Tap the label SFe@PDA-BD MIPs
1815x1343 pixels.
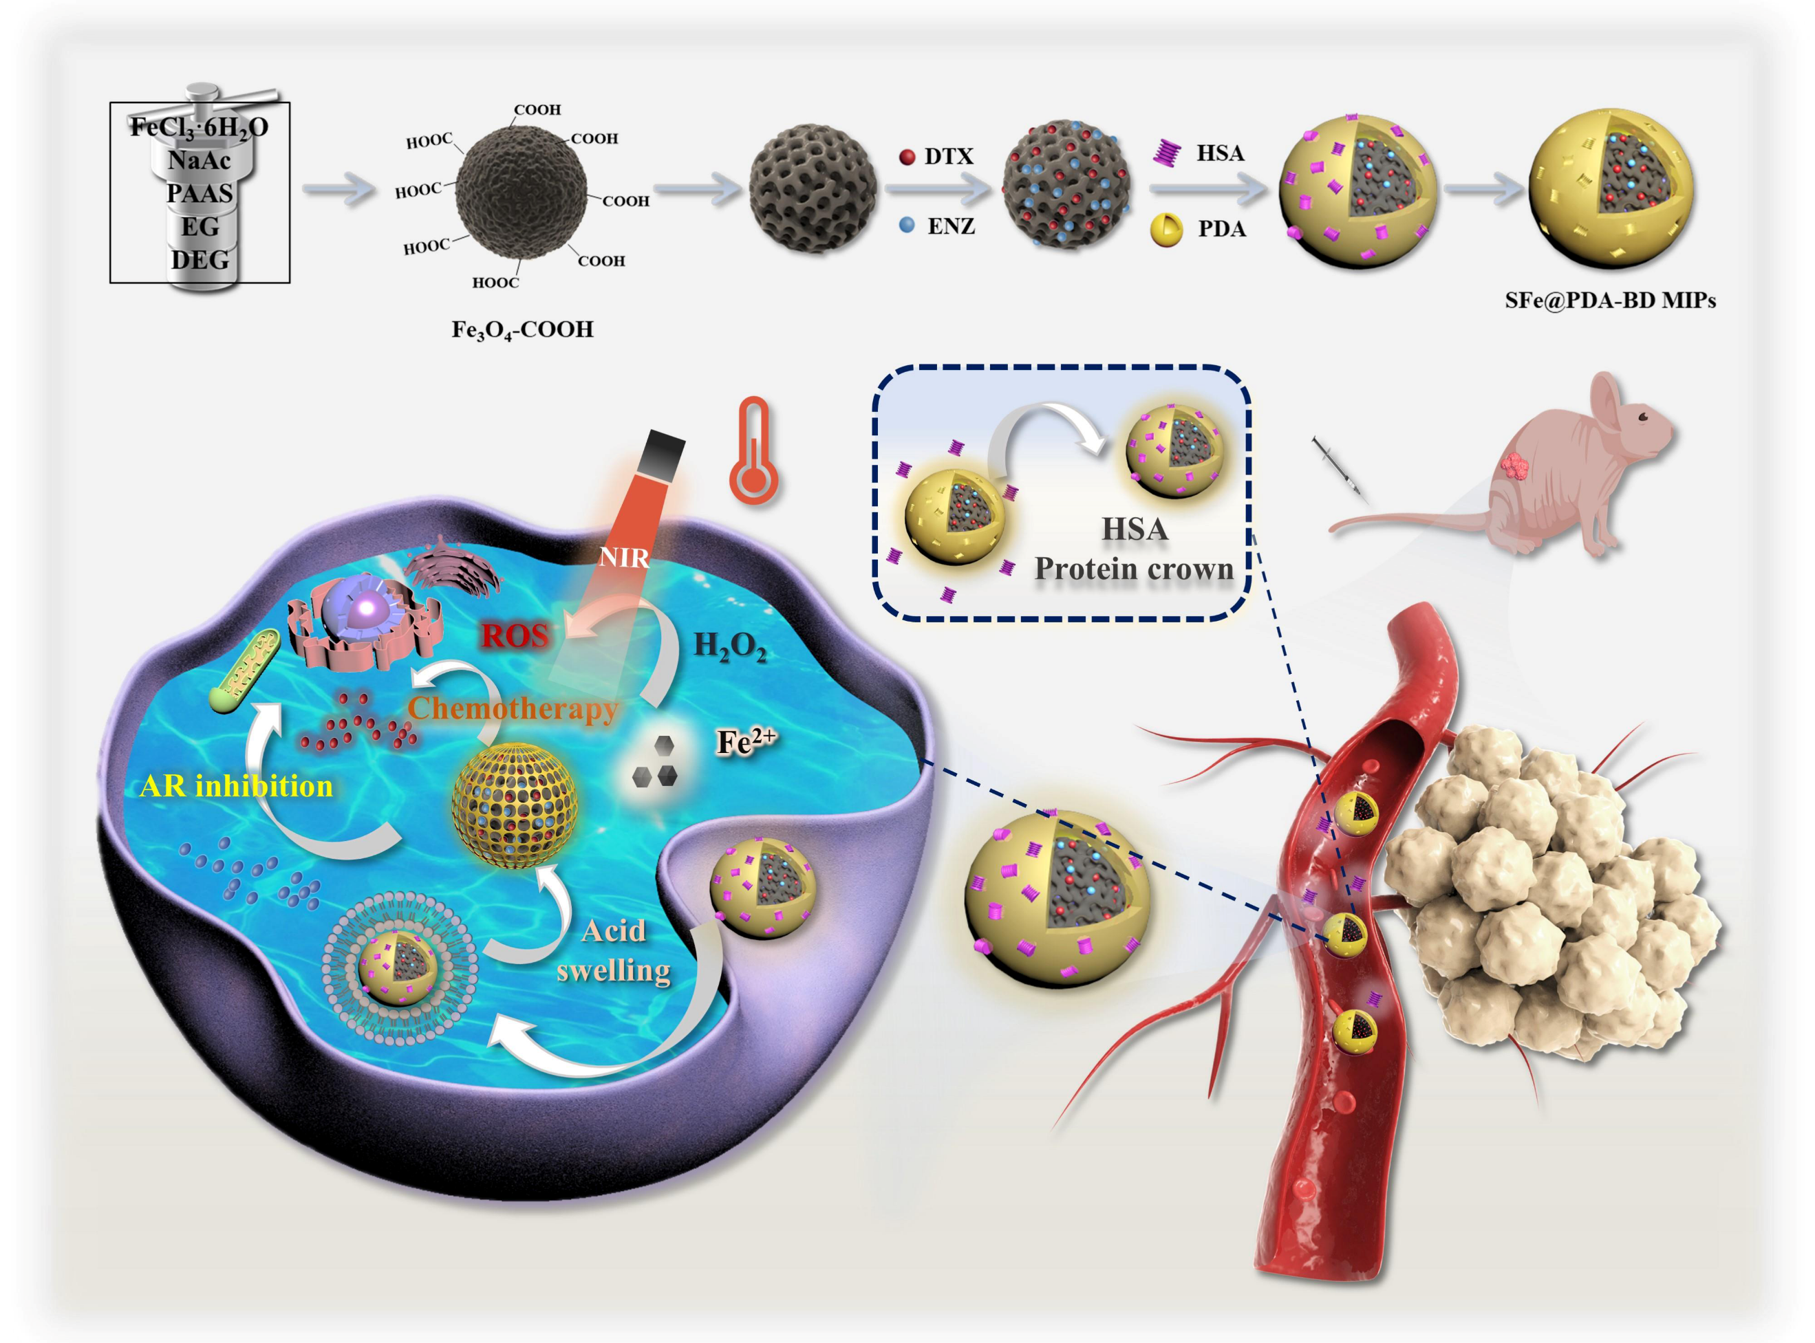click(x=1610, y=301)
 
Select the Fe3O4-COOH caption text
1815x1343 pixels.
click(x=522, y=329)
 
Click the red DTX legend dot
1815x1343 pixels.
click(x=907, y=157)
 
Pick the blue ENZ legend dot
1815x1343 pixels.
click(x=907, y=225)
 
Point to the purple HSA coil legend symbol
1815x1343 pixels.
click(x=1167, y=153)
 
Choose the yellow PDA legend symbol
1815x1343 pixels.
click(x=1166, y=229)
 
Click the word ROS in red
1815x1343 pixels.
click(x=514, y=635)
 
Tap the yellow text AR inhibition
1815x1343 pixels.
click(x=236, y=786)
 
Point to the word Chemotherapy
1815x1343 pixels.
click(x=513, y=708)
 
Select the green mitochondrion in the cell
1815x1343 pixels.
click(x=245, y=673)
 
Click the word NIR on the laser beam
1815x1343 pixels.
click(x=624, y=558)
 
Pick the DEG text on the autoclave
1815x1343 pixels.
click(x=200, y=260)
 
